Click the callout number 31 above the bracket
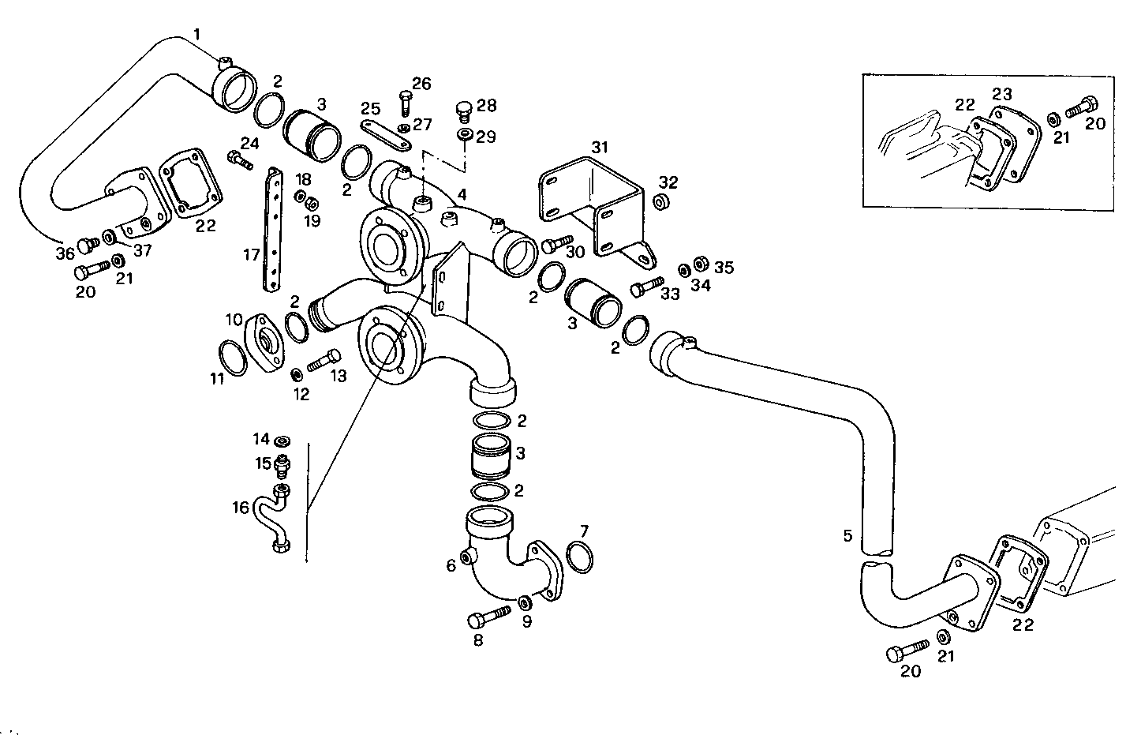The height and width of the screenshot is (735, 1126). tap(600, 147)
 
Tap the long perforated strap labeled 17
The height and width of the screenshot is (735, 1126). tap(273, 230)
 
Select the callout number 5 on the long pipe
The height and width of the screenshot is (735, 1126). tap(847, 536)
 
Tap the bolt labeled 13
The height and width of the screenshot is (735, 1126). tap(324, 362)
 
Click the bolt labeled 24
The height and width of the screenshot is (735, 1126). tap(239, 160)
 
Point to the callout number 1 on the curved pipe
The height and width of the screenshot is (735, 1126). tap(197, 34)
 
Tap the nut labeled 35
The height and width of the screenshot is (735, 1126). tap(700, 263)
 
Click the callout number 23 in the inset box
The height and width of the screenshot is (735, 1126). tap(1001, 94)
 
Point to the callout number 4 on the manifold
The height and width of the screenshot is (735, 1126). tap(462, 194)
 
